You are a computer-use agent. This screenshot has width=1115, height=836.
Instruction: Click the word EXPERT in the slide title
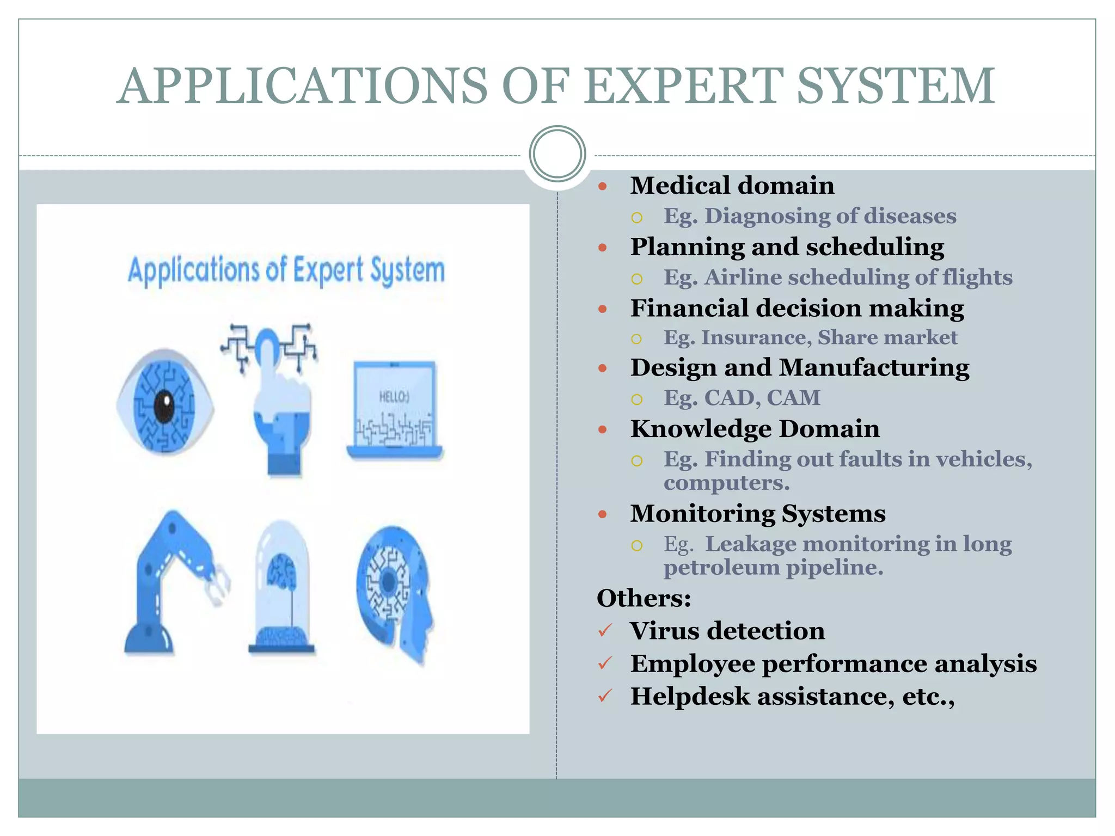684,86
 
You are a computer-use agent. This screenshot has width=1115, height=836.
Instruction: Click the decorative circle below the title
557,154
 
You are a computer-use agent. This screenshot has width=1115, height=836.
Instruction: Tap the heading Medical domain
732,186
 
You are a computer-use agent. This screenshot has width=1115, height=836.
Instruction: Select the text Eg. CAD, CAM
742,398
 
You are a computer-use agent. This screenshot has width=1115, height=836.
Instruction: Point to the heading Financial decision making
797,308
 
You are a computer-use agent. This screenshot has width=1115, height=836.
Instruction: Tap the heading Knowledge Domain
755,429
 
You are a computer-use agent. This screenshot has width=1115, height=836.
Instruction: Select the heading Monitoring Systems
758,514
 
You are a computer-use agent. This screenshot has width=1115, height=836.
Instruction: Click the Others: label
644,599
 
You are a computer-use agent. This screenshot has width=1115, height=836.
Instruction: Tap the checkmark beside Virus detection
605,631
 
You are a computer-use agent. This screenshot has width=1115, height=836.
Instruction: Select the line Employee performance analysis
833,663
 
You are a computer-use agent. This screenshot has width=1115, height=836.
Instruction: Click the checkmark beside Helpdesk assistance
605,696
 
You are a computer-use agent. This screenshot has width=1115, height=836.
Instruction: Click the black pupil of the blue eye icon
164,405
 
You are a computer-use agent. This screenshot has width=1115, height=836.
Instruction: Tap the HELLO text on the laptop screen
394,397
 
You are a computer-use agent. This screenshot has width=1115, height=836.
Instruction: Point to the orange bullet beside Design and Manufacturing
602,368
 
